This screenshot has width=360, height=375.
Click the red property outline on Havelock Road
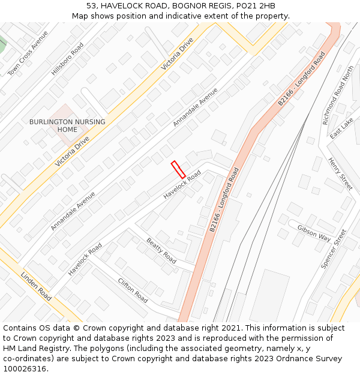coord(178,169)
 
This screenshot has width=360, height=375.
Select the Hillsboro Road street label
coord(68,59)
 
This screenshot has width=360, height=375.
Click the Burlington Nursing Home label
coord(67,125)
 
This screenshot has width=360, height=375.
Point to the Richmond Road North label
coord(338,95)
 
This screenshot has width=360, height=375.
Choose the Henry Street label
coord(340,173)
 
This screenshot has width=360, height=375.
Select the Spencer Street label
coord(334,248)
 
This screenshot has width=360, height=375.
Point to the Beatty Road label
coord(161,251)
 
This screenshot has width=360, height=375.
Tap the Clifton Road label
coord(133,290)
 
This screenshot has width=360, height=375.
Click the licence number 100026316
coord(25,369)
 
